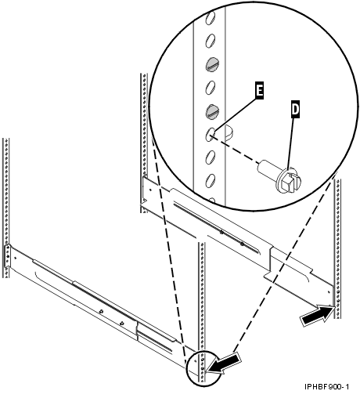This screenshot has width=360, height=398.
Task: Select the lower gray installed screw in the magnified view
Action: click(x=211, y=110)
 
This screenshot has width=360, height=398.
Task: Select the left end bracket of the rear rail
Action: click(x=146, y=193)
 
